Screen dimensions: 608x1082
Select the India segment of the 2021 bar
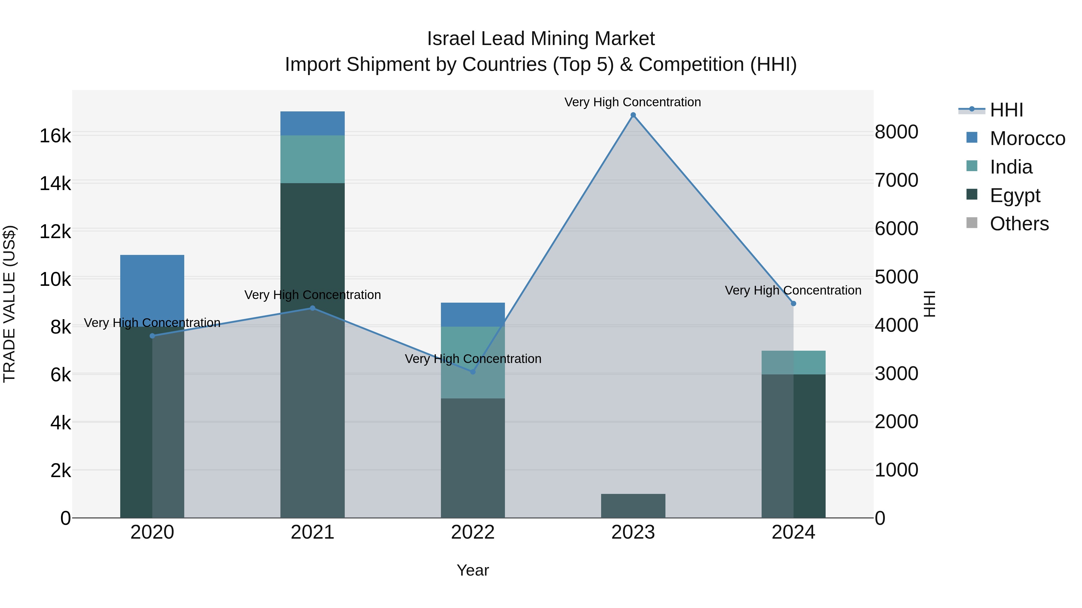(x=313, y=159)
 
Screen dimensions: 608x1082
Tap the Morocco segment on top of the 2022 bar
(x=472, y=314)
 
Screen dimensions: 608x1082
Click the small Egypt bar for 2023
(x=633, y=506)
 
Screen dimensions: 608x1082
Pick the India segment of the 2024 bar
(x=793, y=362)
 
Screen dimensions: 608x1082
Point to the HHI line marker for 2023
(x=633, y=115)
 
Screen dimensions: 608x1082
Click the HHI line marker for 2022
(x=472, y=372)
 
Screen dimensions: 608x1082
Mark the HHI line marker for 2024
(x=793, y=303)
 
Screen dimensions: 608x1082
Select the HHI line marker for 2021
(x=313, y=308)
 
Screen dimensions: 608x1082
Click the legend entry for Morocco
(x=1027, y=138)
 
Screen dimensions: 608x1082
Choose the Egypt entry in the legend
(x=1014, y=195)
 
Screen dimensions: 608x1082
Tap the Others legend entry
(x=1019, y=224)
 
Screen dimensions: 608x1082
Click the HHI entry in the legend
(x=1006, y=110)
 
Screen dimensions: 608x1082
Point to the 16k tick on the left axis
(x=55, y=136)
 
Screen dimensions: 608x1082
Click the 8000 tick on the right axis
(x=896, y=132)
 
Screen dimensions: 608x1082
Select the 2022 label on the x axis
(x=472, y=532)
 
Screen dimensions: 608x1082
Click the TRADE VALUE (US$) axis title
(x=10, y=304)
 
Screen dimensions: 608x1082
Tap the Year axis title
(x=472, y=570)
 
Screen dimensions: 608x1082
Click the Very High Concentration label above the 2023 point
(x=633, y=102)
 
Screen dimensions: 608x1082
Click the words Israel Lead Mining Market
(x=541, y=39)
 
